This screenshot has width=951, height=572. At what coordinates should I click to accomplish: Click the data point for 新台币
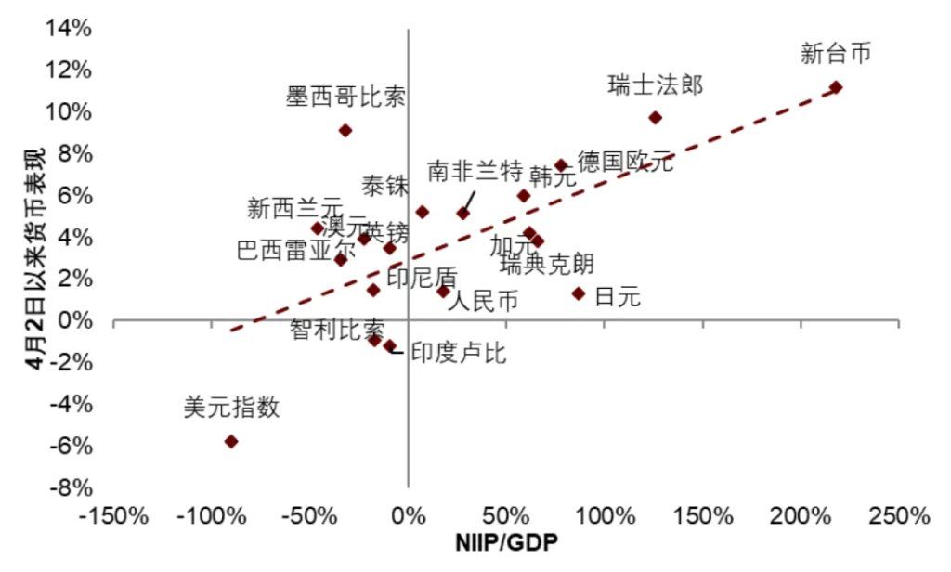click(x=836, y=87)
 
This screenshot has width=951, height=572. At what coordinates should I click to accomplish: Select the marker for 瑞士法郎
click(x=655, y=118)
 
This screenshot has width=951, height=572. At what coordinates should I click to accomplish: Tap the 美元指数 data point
click(x=231, y=441)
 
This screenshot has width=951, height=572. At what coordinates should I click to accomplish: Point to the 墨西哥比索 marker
click(x=345, y=131)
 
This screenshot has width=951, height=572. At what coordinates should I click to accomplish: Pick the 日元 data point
click(x=579, y=293)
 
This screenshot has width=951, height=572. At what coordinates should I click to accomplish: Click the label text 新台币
click(x=836, y=54)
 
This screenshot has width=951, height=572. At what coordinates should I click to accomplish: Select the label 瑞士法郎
click(x=655, y=86)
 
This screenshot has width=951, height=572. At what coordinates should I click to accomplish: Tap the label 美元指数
click(x=231, y=408)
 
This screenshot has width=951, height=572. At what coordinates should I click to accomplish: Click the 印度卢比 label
click(x=459, y=354)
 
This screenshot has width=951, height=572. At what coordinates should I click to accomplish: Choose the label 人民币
click(x=483, y=302)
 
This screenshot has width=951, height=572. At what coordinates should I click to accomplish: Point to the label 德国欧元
click(x=625, y=162)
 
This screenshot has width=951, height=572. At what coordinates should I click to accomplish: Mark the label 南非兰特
click(x=475, y=171)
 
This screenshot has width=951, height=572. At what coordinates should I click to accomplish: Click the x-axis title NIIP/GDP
click(x=505, y=541)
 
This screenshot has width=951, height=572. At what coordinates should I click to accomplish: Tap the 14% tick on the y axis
click(x=71, y=28)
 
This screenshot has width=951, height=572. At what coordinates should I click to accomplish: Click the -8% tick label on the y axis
click(x=71, y=487)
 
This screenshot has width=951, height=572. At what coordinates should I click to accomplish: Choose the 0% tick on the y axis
click(x=76, y=320)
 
